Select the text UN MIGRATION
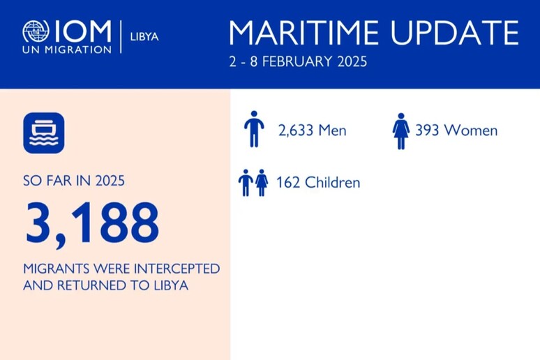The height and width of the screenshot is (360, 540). point(66,50)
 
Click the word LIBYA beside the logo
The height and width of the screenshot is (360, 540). point(144,36)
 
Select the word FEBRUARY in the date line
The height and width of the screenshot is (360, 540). point(299,61)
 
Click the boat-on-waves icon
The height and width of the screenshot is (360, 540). point(43,133)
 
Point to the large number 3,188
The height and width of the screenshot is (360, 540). point(91,224)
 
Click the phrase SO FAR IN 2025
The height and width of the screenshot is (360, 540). point(74,181)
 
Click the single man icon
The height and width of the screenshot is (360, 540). point(254,130)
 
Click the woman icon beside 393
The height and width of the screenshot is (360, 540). point(400,130)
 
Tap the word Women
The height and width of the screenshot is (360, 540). point(471,130)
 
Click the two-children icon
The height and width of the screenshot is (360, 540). point(253,183)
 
